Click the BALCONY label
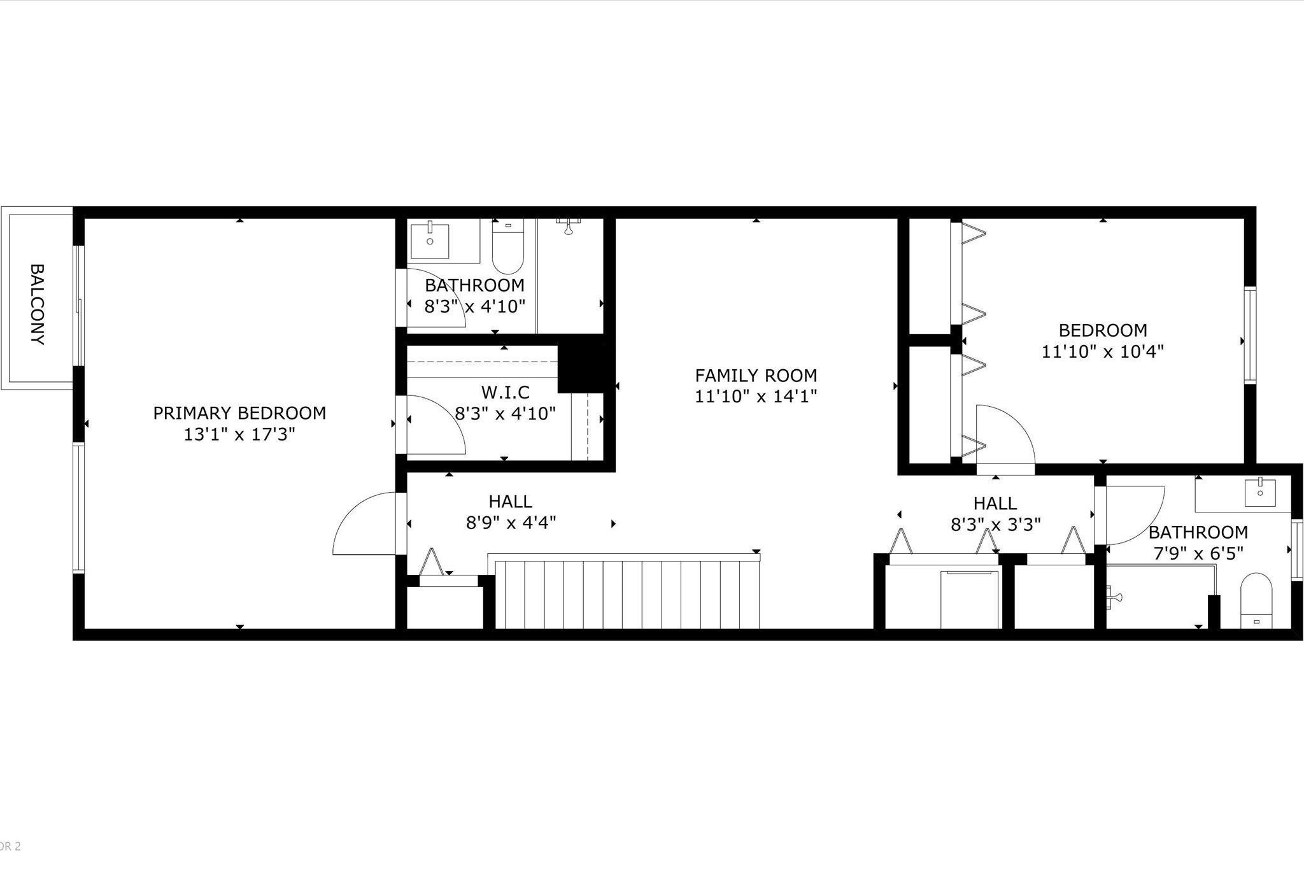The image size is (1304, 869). coord(38,304)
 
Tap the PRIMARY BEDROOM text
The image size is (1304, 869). coord(239,413)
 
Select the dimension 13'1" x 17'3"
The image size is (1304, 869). coord(239,435)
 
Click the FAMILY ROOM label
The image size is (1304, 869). coord(756,376)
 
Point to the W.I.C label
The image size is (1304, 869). coord(505,392)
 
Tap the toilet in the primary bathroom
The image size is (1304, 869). coord(507,250)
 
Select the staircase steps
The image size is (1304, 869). coord(627,593)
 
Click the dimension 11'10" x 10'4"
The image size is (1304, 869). coord(1102,351)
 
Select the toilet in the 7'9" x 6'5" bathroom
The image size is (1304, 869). coord(1256,600)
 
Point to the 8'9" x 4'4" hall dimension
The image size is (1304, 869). coord(511,523)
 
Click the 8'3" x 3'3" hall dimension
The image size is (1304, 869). coord(995,525)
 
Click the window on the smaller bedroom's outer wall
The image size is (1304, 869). coord(1251,336)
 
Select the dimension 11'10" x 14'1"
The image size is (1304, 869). coord(756,397)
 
